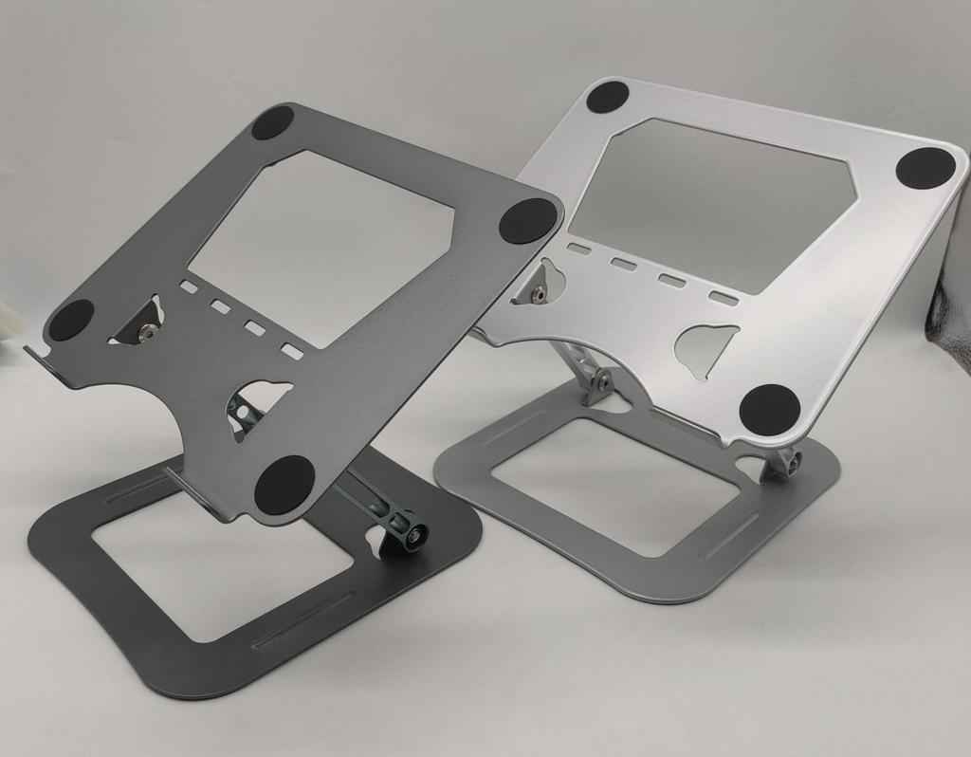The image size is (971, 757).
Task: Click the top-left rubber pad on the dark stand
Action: (272, 122)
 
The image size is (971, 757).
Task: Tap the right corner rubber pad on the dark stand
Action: (526, 220)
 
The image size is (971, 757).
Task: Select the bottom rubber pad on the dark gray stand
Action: (284, 484)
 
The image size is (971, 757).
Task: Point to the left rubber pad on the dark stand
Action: (71, 320)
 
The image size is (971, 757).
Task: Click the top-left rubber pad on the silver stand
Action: (608, 96)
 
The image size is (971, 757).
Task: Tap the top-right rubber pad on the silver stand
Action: (925, 169)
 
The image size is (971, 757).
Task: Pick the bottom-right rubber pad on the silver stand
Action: (769, 410)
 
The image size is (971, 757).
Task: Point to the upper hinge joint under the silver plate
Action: (600, 381)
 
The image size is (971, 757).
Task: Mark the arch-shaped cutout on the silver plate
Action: (706, 349)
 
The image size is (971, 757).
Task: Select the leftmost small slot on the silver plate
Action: (577, 249)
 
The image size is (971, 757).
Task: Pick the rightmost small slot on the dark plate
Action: (292, 352)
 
